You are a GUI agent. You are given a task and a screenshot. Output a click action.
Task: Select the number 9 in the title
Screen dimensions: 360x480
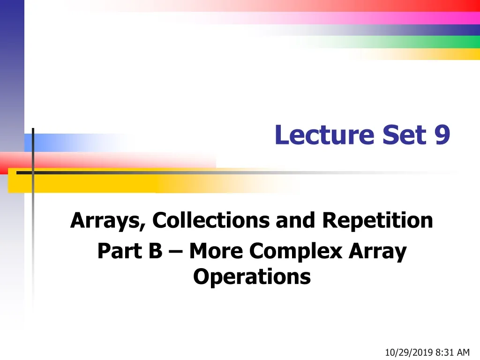coord(442,135)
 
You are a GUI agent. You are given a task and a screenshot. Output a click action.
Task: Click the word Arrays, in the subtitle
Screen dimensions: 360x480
coord(108,220)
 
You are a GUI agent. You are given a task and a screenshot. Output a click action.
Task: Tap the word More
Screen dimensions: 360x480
coord(216,251)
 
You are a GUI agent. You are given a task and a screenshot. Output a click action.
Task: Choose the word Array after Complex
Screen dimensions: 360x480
coord(378,252)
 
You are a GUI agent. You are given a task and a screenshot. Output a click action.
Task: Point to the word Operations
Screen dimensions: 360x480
coord(252,277)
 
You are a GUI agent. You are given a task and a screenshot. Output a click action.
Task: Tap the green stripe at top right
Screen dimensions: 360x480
coord(450,42)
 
